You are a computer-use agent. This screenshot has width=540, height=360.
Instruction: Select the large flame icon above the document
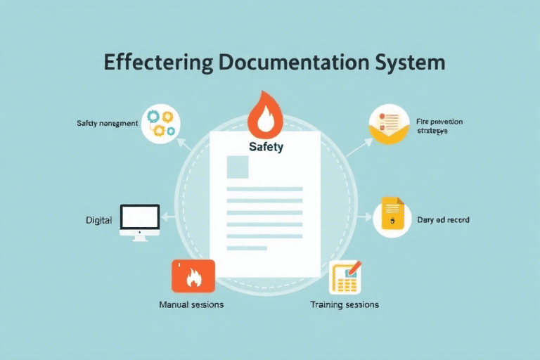[x=266, y=115]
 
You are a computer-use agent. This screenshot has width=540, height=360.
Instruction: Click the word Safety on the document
[x=266, y=147]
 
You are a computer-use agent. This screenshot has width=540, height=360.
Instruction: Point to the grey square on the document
[x=237, y=167]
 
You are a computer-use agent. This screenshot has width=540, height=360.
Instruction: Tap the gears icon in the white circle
[x=160, y=123]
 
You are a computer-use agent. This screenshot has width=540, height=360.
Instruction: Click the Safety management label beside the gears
[x=107, y=124]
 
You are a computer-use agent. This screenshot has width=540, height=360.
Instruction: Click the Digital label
[x=98, y=220]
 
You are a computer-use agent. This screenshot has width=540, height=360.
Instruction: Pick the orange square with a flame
[x=192, y=276]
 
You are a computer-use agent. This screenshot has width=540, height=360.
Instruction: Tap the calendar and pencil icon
[x=346, y=276]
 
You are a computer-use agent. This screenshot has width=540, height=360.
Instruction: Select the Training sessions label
[x=345, y=304]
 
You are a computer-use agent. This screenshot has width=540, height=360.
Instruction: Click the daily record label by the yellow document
[x=443, y=220]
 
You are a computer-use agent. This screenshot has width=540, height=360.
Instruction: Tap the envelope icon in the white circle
[x=389, y=124]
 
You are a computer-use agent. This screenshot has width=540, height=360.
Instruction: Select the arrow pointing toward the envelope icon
[x=359, y=146]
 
